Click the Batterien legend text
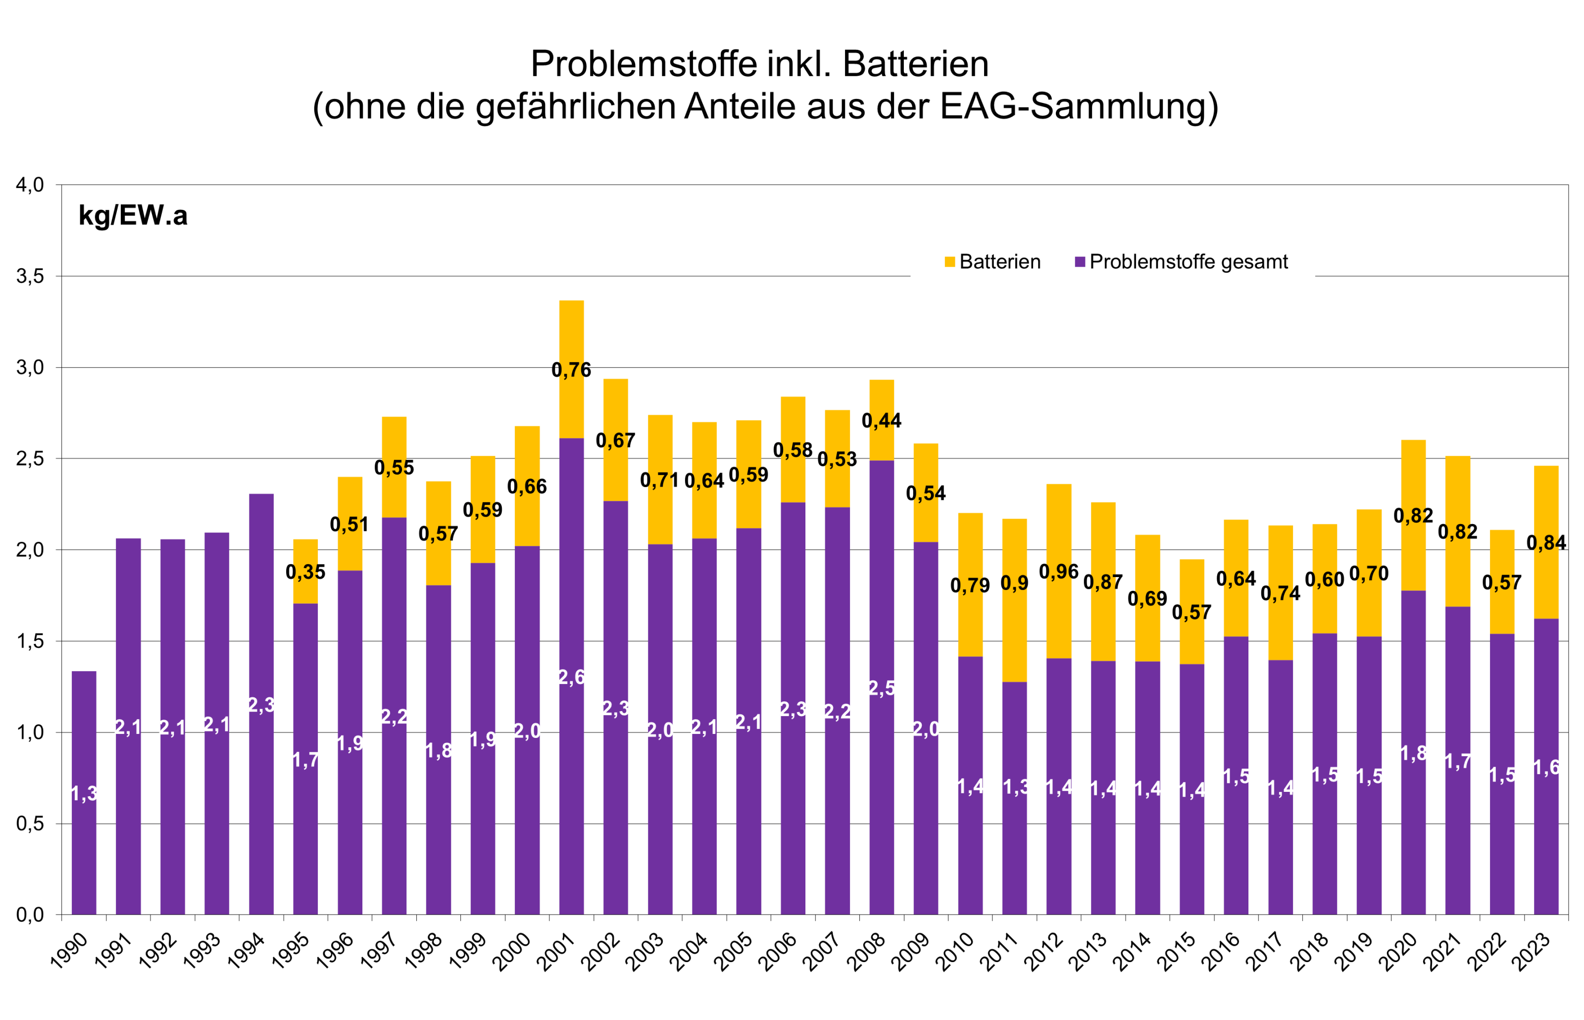[x=1000, y=262]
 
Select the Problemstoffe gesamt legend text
[x=1188, y=262]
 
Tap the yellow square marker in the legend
[x=949, y=262]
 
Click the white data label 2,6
[x=571, y=677]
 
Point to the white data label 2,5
[x=881, y=688]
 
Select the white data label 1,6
[x=1546, y=767]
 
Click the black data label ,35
[x=306, y=572]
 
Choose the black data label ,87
[x=1104, y=582]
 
